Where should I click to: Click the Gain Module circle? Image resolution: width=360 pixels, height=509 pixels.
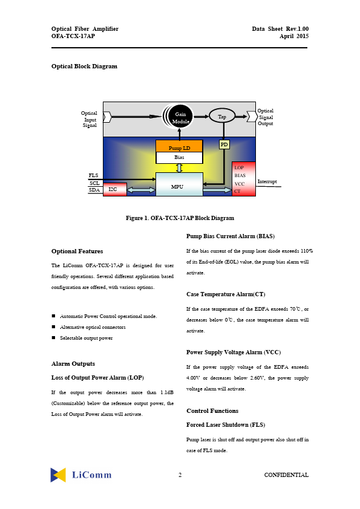point(180,116)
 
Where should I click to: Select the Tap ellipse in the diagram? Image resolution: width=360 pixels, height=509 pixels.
point(222,116)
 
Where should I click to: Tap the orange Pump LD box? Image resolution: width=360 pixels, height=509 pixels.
point(179,146)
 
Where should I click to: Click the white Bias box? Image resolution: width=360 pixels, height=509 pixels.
point(179,157)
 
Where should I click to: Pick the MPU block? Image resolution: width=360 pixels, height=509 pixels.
point(179,184)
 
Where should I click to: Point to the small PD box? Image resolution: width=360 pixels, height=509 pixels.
point(224,144)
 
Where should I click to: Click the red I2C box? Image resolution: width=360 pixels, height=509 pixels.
point(115,190)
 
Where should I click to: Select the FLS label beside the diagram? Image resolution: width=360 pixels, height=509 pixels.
point(93,175)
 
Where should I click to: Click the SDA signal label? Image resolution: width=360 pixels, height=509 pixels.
point(94,190)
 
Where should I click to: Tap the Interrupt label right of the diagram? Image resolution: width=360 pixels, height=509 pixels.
point(267,181)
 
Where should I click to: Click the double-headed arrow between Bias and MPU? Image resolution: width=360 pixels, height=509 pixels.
point(179,168)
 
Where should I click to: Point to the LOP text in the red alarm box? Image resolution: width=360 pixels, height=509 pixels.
point(239,167)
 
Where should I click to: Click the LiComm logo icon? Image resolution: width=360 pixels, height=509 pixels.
point(58,475)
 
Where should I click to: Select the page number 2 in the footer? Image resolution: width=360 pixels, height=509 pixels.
point(180,475)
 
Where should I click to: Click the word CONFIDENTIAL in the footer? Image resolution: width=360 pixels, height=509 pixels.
point(286,475)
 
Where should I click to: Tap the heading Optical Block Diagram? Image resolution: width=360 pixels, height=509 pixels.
point(84,66)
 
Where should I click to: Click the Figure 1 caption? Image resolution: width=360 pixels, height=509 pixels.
point(180,218)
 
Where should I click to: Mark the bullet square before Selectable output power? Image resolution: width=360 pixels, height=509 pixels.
point(53,337)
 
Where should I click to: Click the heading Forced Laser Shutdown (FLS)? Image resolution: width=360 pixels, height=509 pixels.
point(226,424)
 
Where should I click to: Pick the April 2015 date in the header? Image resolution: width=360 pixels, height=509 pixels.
point(294,36)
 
